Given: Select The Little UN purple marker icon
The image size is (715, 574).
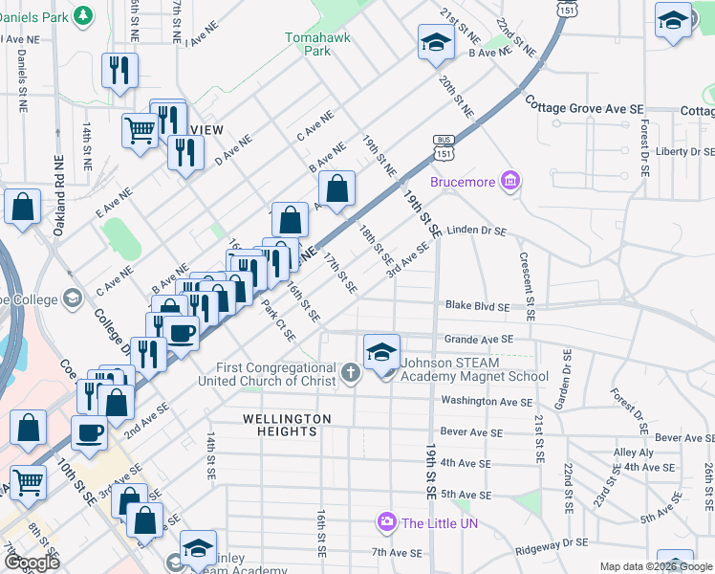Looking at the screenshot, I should [x=387, y=522].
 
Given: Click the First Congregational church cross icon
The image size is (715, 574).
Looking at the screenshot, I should [x=351, y=372].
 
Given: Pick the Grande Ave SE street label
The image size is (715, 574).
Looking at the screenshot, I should [x=479, y=339].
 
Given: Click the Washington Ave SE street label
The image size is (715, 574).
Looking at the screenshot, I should [x=487, y=402].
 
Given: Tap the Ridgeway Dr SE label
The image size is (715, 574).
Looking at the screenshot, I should [x=552, y=543].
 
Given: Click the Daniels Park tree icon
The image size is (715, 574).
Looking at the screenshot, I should [x=84, y=15].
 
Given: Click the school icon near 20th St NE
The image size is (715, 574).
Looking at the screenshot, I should [x=435, y=42].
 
